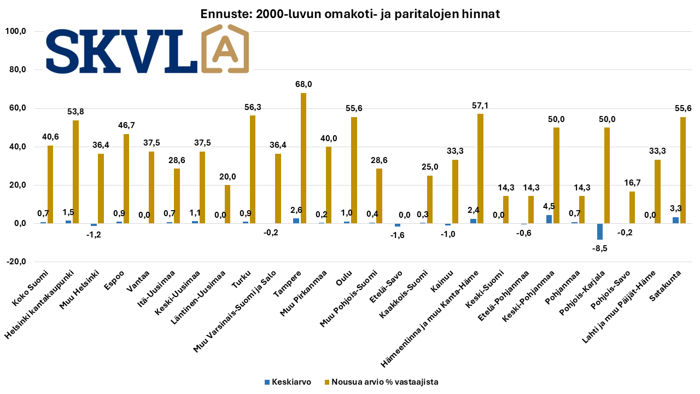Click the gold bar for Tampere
click(304, 158)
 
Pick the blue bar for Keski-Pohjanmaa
click(549, 219)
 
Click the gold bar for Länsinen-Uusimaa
click(227, 204)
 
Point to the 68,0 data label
click(304, 85)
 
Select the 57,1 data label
click(481, 106)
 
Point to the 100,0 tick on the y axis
click(15, 32)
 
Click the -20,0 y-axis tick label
click(15, 262)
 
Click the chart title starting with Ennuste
click(350, 14)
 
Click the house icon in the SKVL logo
click(225, 49)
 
